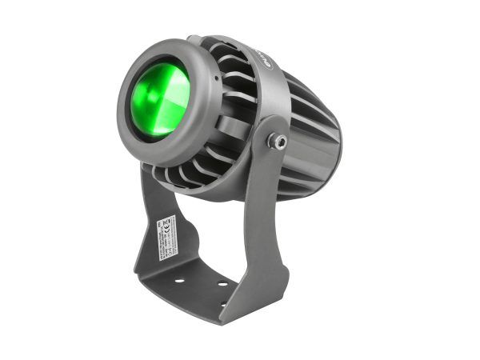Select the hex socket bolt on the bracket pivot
pos(278,141)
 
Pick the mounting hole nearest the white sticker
pos(179,281)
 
